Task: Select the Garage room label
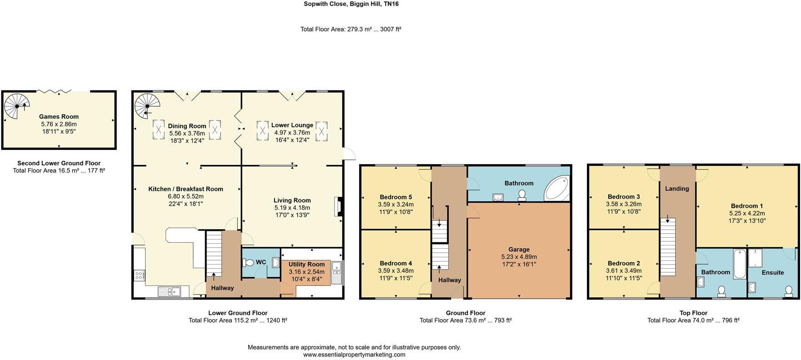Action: coord(519,249)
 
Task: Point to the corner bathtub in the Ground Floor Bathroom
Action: coord(557,189)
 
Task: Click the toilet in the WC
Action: coord(249,262)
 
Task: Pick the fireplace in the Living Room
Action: coord(337,206)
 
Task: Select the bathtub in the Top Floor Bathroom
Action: coord(739,264)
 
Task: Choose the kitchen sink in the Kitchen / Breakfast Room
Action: coord(169,291)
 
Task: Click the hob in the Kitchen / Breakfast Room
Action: coord(139,275)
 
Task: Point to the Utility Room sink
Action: coord(337,273)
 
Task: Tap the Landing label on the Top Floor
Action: coord(677,189)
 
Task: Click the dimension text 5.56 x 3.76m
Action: coord(187,133)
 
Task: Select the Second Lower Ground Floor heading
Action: coord(59,163)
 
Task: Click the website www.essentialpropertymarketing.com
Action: coord(354,355)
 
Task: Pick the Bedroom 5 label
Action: coord(395,197)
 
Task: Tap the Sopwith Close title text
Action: coord(351,4)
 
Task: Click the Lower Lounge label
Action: coord(292,125)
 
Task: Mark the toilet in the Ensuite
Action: coord(789,290)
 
